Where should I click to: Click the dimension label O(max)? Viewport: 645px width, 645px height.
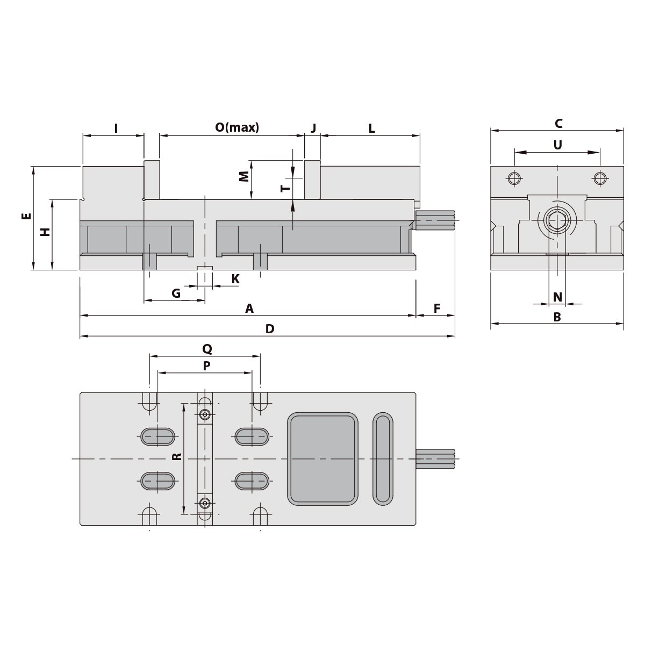point(237,127)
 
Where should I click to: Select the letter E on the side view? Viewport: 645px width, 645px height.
point(26,216)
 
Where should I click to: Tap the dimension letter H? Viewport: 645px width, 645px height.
point(45,232)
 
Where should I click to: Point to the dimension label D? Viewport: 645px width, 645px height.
point(270,329)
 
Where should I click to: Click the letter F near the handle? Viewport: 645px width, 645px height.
point(437,309)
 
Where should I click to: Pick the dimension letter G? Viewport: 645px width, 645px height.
point(176,293)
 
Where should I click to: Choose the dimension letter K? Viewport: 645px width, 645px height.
point(235,279)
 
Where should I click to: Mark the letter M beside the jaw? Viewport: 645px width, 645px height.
point(244,176)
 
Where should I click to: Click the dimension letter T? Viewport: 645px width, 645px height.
point(285,188)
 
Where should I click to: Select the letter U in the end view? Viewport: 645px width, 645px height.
point(557,145)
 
